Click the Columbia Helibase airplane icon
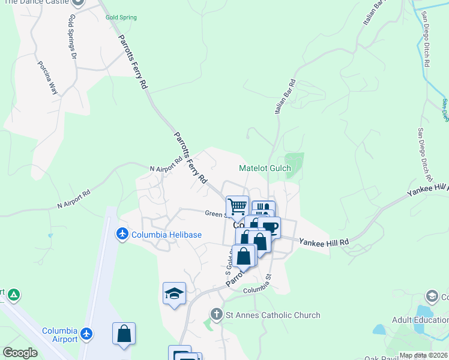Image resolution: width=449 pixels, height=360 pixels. [123, 233]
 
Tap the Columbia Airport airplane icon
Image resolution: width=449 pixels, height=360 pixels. [88, 332]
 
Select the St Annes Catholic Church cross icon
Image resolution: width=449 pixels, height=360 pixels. [217, 314]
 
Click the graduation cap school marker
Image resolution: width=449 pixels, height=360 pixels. [174, 293]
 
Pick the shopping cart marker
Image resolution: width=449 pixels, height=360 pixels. [238, 207]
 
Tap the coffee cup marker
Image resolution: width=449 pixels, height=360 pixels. [270, 227]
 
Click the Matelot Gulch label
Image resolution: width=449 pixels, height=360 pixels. [265, 169]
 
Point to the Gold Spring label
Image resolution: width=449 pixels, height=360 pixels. [121, 17]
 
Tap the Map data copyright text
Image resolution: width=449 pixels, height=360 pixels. [423, 355]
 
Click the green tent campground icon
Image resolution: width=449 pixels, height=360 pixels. [14, 295]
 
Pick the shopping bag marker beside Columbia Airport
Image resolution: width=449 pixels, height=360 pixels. [124, 334]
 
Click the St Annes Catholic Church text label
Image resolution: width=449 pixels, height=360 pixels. [273, 315]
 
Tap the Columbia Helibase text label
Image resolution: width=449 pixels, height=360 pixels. [167, 234]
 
